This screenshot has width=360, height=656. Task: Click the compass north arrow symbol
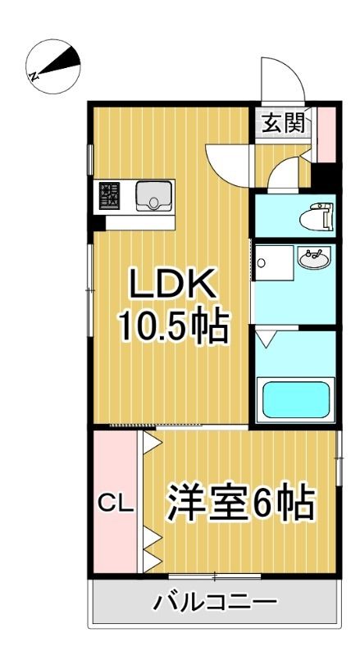pyautogui.click(x=52, y=64)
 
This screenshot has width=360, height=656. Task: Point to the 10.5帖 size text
pyautogui.click(x=171, y=327)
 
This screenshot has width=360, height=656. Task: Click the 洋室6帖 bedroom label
pyautogui.click(x=242, y=503)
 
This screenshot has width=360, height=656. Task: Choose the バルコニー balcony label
pyautogui.click(x=215, y=604)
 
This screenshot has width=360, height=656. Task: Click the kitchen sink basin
pyautogui.click(x=151, y=196)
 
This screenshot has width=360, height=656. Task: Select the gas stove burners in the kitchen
pyautogui.click(x=110, y=197)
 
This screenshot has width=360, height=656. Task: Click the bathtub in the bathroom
pyautogui.click(x=294, y=399)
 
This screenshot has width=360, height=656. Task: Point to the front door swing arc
pyautogui.click(x=279, y=78)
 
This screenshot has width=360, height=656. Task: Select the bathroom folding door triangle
pyautogui.click(x=267, y=336)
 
